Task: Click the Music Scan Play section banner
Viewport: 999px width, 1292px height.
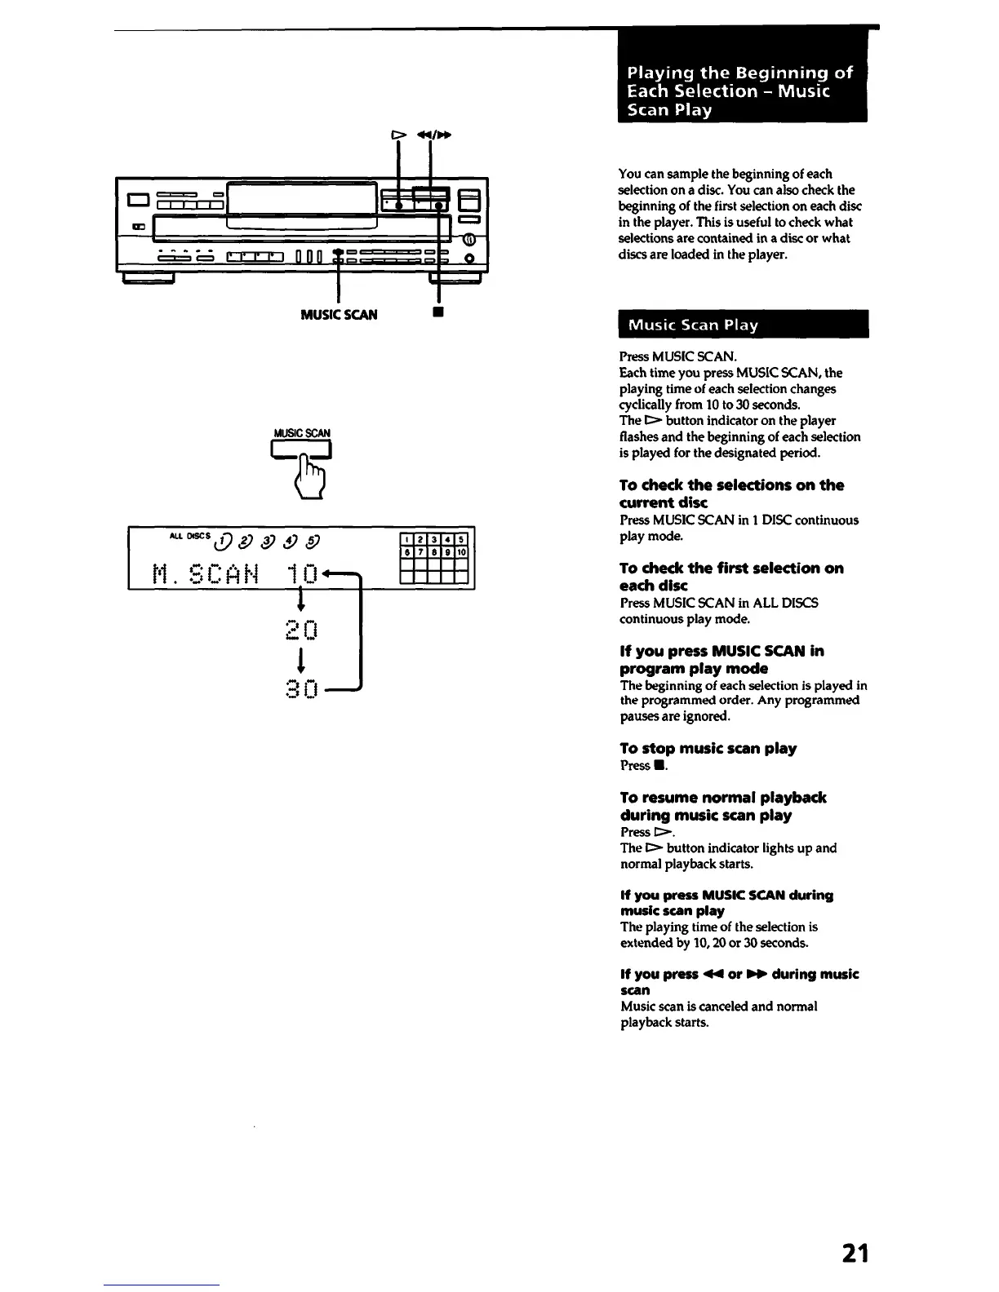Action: [743, 325]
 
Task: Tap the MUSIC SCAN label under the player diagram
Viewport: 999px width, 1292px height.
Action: [339, 315]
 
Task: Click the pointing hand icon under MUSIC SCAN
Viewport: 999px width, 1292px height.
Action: [312, 476]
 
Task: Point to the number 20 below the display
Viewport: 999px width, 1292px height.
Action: [302, 630]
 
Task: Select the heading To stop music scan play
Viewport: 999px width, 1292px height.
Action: [708, 749]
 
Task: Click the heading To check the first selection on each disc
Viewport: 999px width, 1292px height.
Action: [730, 577]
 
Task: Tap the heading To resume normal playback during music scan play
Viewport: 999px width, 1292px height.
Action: [722, 806]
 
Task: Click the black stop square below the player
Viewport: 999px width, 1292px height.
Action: [438, 312]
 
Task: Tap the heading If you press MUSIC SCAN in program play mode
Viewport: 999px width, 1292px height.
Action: [721, 660]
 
